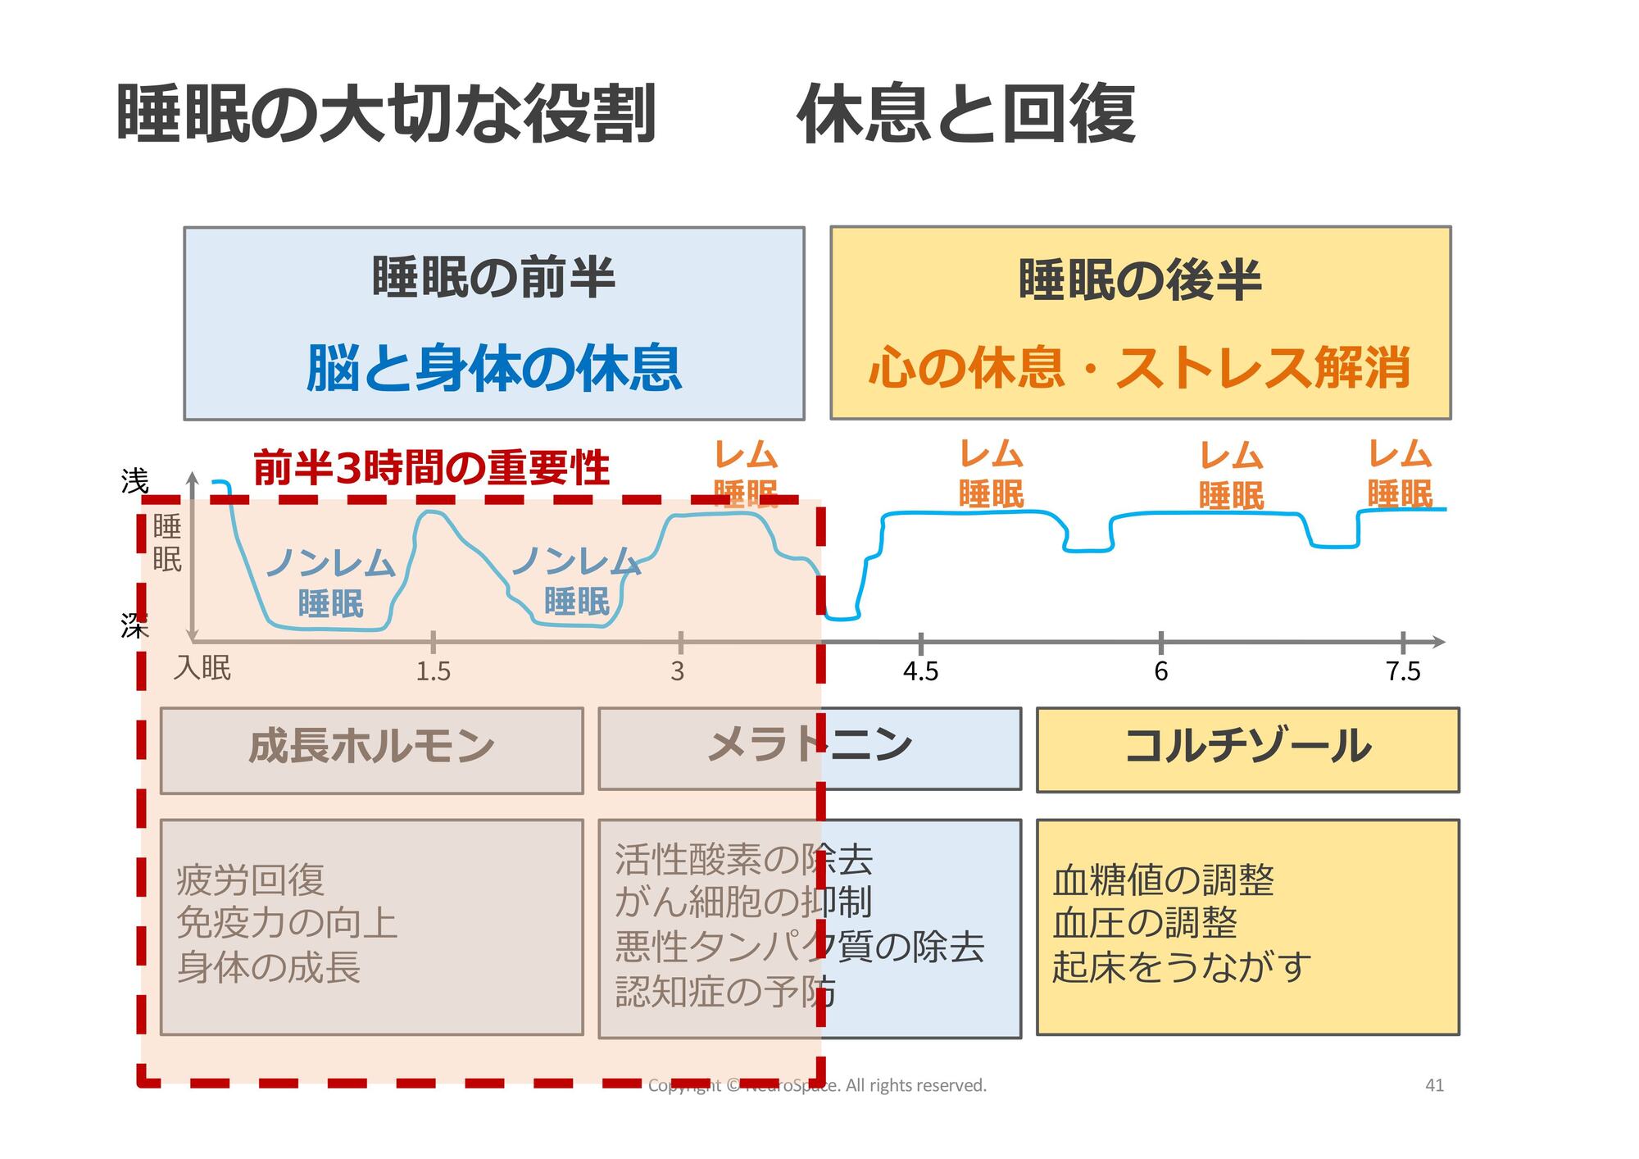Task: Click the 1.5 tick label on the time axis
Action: pyautogui.click(x=433, y=671)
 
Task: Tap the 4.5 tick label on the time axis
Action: pyautogui.click(x=920, y=671)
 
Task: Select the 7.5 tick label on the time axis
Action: pyautogui.click(x=1402, y=671)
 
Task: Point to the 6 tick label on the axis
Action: pyautogui.click(x=1160, y=671)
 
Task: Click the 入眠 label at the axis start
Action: pyautogui.click(x=202, y=668)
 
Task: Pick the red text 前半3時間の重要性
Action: pyautogui.click(x=431, y=468)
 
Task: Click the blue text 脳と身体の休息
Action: pyautogui.click(x=493, y=368)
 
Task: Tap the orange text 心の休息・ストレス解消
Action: pyautogui.click(x=1139, y=368)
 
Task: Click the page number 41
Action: pyautogui.click(x=1434, y=1085)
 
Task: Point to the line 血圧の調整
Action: pyautogui.click(x=1144, y=924)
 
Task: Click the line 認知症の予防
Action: pyautogui.click(x=725, y=992)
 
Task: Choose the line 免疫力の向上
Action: pyautogui.click(x=287, y=924)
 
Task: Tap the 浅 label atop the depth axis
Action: pyautogui.click(x=134, y=481)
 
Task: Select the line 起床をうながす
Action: pyautogui.click(x=1181, y=967)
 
